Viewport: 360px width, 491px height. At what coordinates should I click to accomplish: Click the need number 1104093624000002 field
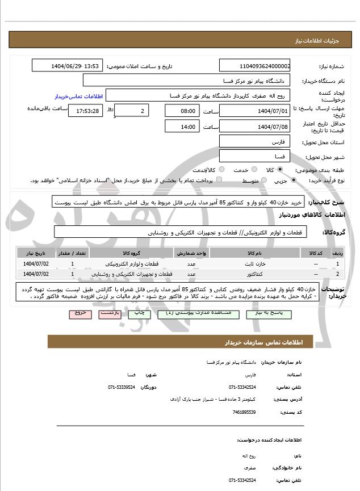point(255,66)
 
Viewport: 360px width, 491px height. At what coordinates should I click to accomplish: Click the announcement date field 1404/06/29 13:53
point(67,66)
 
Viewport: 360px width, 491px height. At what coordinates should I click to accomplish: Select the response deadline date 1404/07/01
point(255,111)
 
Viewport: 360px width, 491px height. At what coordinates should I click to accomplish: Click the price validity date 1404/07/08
point(255,127)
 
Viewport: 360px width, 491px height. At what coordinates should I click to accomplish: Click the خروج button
point(79,313)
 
